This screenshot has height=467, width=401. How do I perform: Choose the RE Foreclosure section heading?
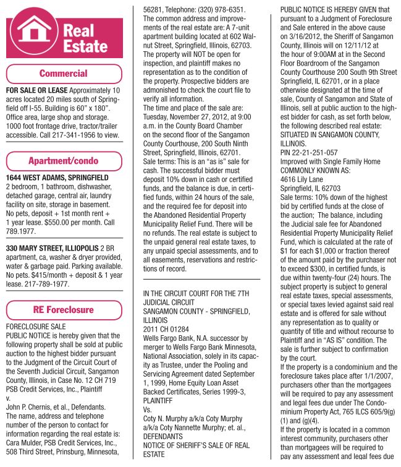tap(64, 309)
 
